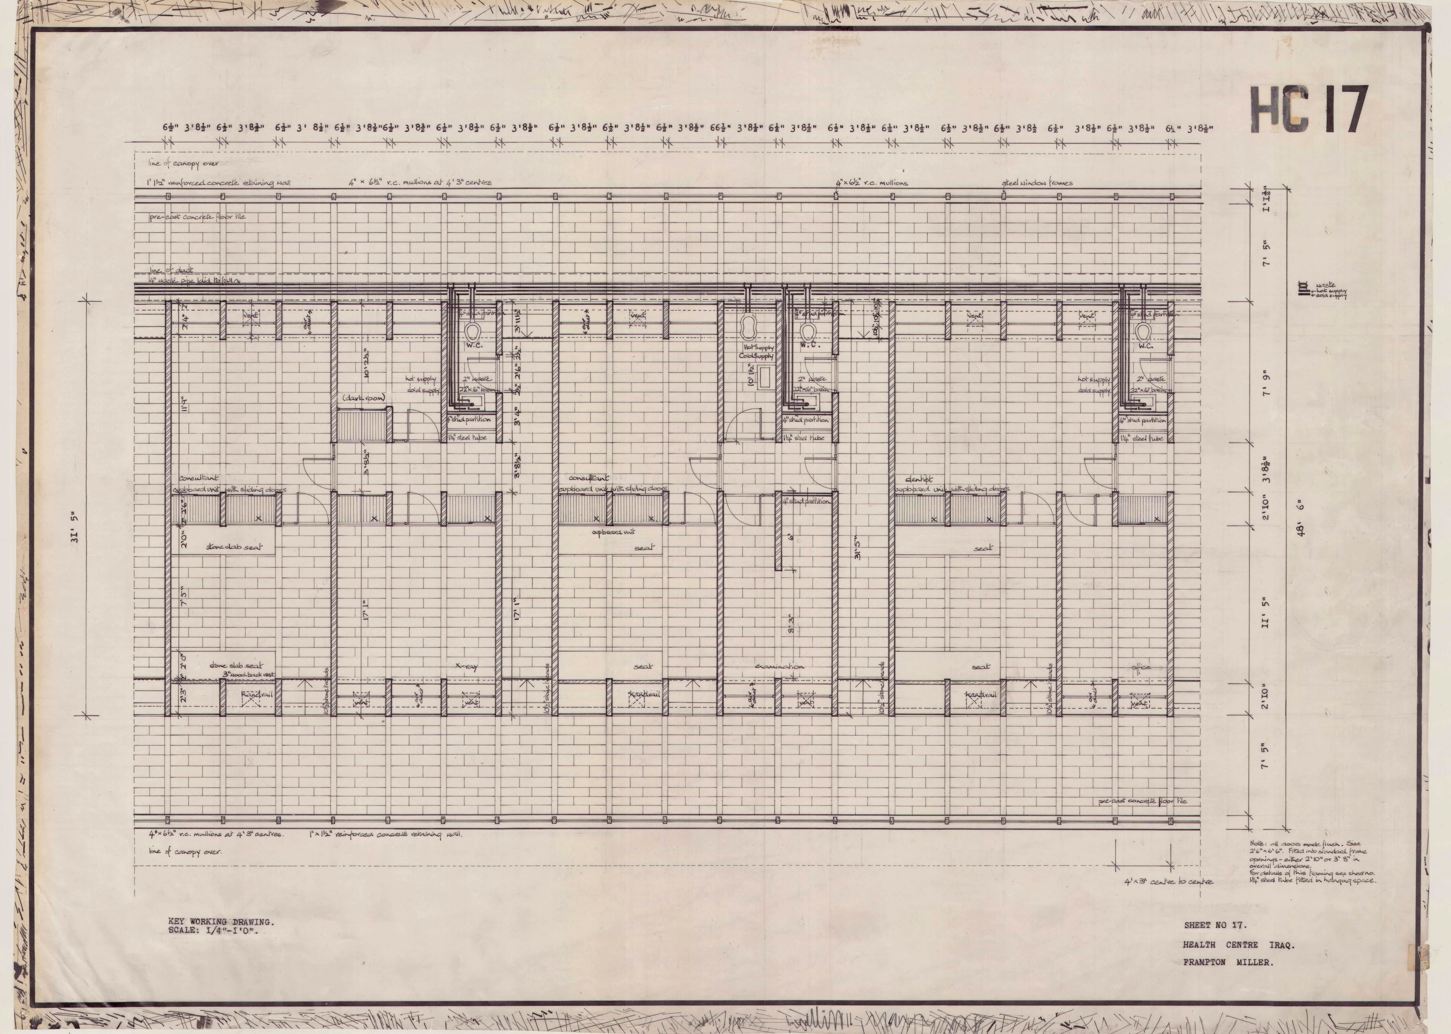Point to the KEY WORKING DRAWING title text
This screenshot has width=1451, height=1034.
221,921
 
